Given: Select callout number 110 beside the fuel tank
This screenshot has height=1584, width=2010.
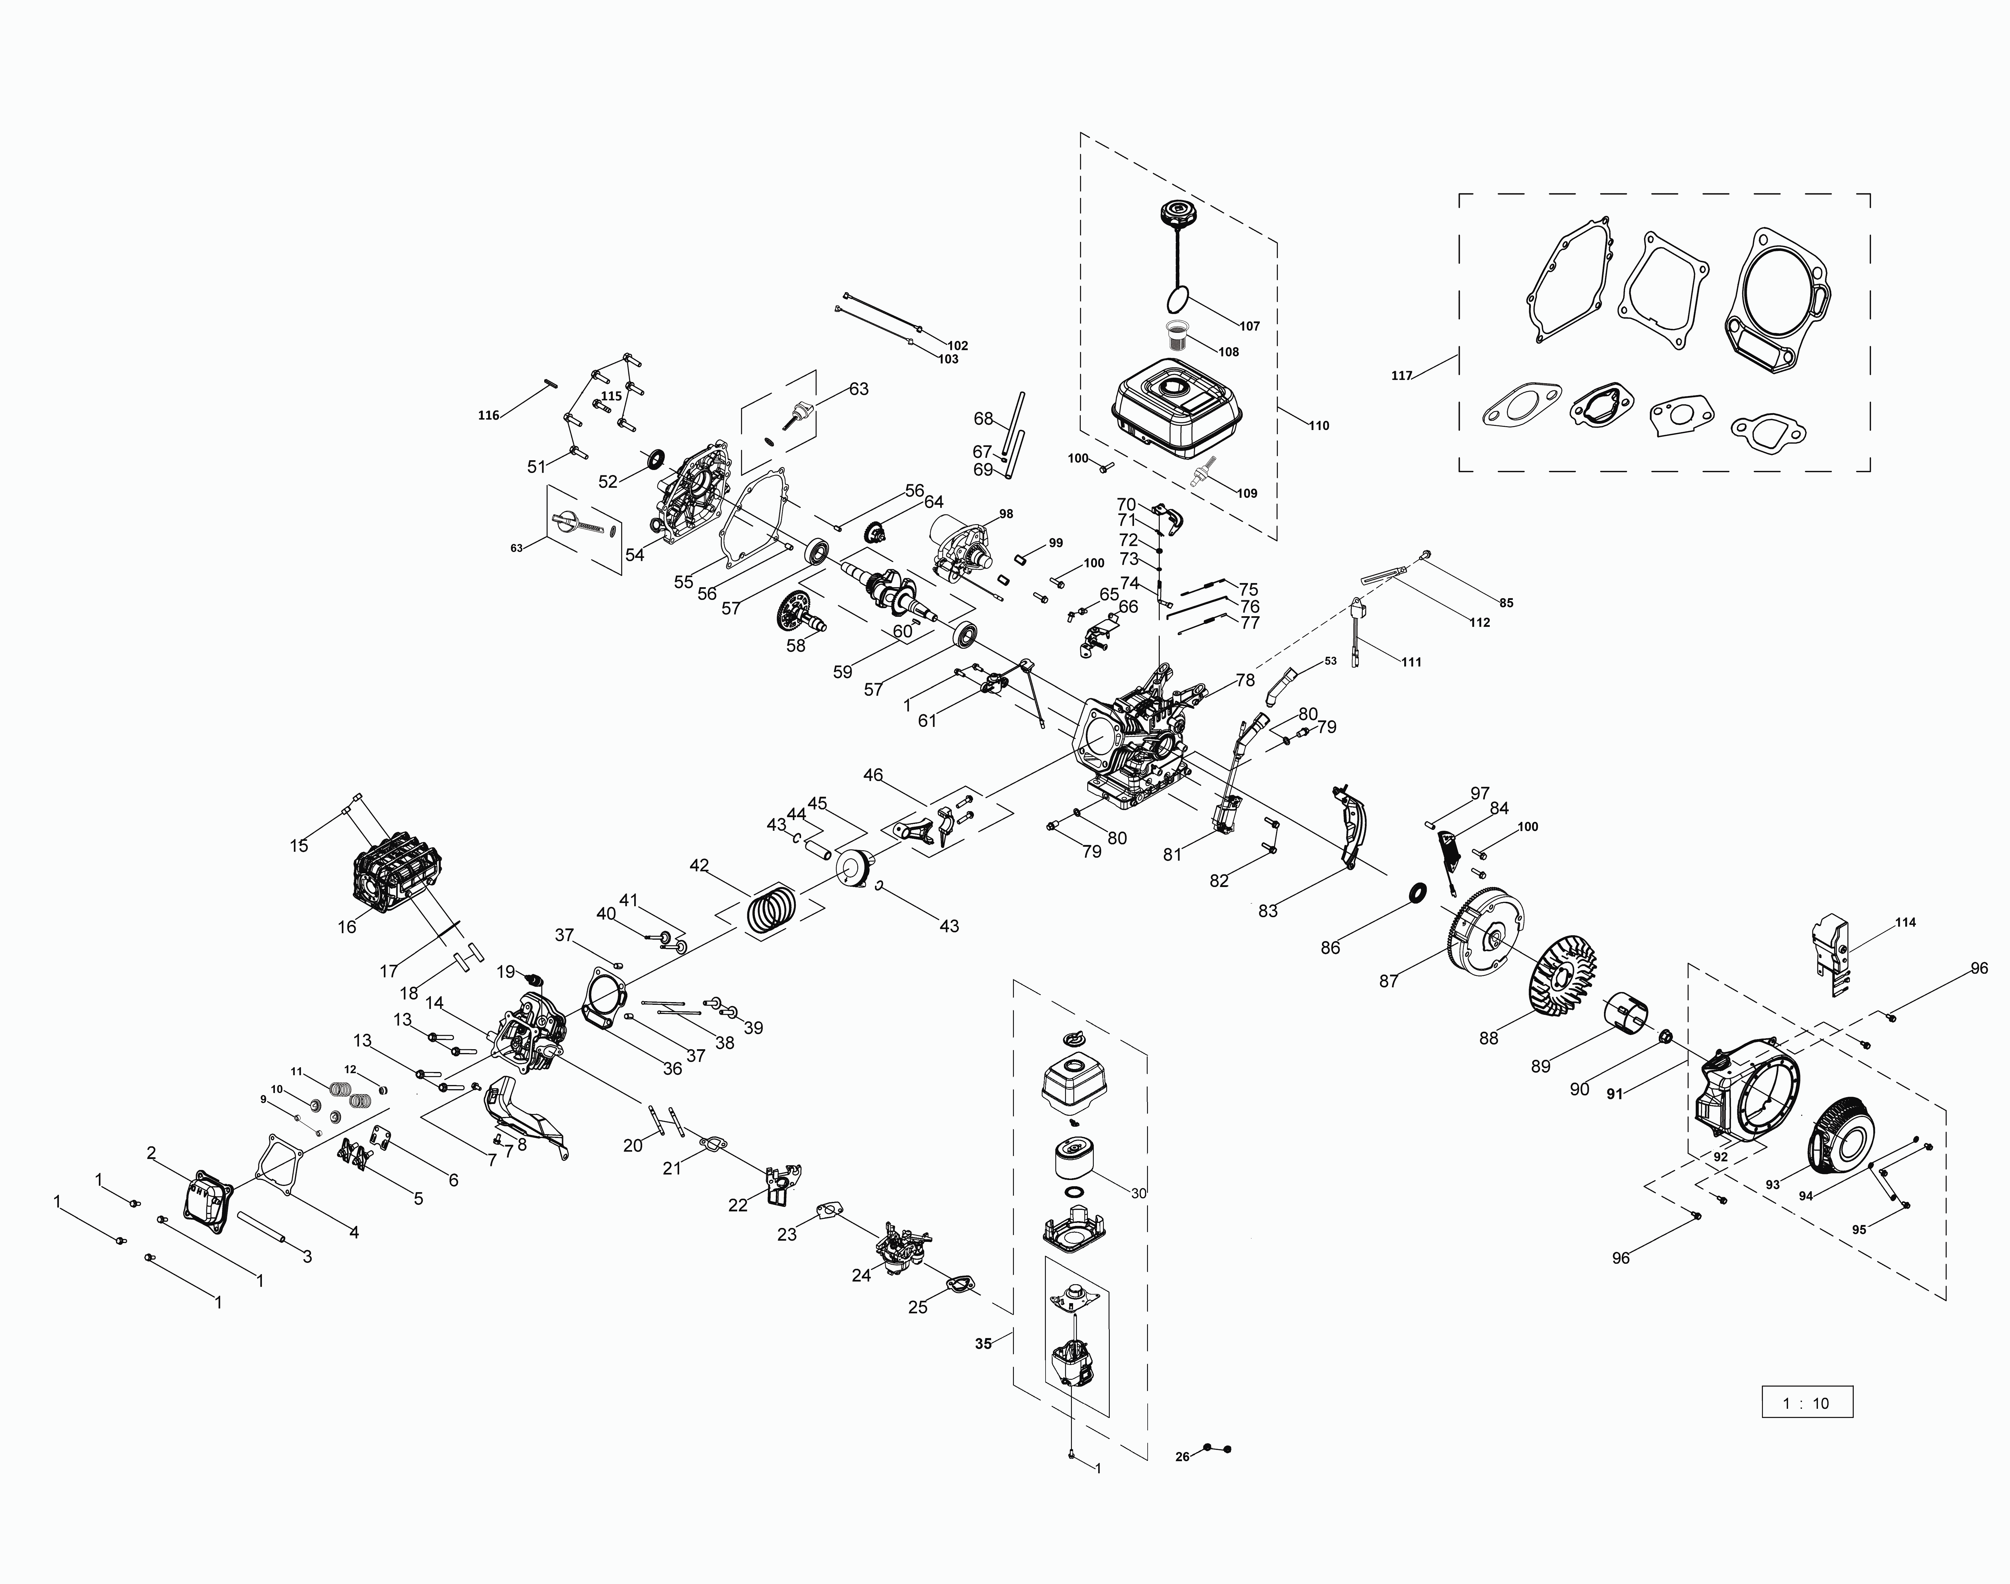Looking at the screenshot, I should pos(1318,426).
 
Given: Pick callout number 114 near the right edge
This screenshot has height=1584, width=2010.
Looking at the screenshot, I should pos(1905,923).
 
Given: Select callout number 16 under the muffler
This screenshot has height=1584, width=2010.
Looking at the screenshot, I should pos(347,927).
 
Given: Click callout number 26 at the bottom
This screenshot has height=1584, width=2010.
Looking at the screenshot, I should pos(1182,1457).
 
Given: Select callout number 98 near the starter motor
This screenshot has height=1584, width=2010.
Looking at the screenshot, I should pos(1006,514).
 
